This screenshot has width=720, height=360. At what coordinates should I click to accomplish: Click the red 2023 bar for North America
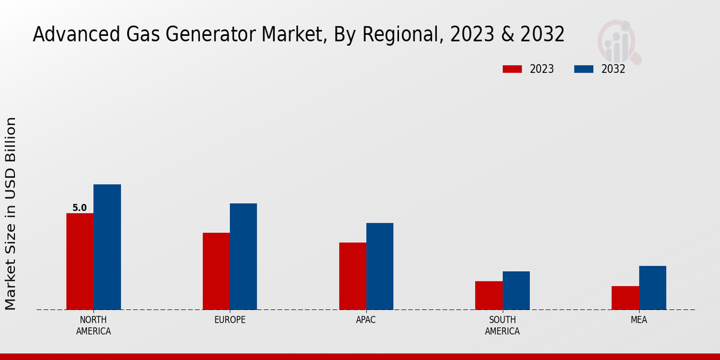click(x=80, y=262)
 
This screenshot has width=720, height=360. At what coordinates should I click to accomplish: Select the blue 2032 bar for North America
click(x=107, y=247)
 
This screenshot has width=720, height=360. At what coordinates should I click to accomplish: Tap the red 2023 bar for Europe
click(x=216, y=271)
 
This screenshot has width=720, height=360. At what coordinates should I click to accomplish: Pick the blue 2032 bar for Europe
click(x=243, y=257)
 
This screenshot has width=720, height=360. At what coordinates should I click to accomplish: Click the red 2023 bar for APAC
click(x=352, y=276)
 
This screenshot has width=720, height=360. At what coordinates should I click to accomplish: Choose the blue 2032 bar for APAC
click(x=380, y=266)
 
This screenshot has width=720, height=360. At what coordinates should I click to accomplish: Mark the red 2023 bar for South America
click(x=488, y=295)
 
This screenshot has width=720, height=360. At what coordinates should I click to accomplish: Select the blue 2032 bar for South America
click(x=516, y=290)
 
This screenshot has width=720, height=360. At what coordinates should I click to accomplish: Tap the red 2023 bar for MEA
click(x=625, y=298)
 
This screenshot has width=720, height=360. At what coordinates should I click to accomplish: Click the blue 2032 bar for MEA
click(x=652, y=288)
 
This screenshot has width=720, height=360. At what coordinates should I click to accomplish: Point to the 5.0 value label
click(x=79, y=208)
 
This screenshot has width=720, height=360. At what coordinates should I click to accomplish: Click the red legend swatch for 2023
click(x=512, y=69)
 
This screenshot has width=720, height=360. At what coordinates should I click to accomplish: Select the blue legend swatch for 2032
click(x=584, y=69)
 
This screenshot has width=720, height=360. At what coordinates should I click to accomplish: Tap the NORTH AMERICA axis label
click(x=93, y=325)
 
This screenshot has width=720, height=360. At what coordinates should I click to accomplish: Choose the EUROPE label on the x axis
click(x=230, y=320)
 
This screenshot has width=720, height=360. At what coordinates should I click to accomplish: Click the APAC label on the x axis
click(x=366, y=320)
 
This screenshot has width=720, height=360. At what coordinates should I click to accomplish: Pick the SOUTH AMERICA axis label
click(x=502, y=325)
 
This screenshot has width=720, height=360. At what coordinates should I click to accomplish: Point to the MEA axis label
click(x=638, y=320)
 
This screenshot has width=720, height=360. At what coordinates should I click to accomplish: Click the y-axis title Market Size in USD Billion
click(x=11, y=214)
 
